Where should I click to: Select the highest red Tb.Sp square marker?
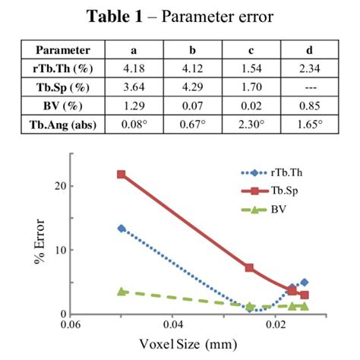click(121, 175)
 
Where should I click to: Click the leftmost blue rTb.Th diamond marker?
click(121, 228)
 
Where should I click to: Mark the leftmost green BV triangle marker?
click(121, 291)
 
